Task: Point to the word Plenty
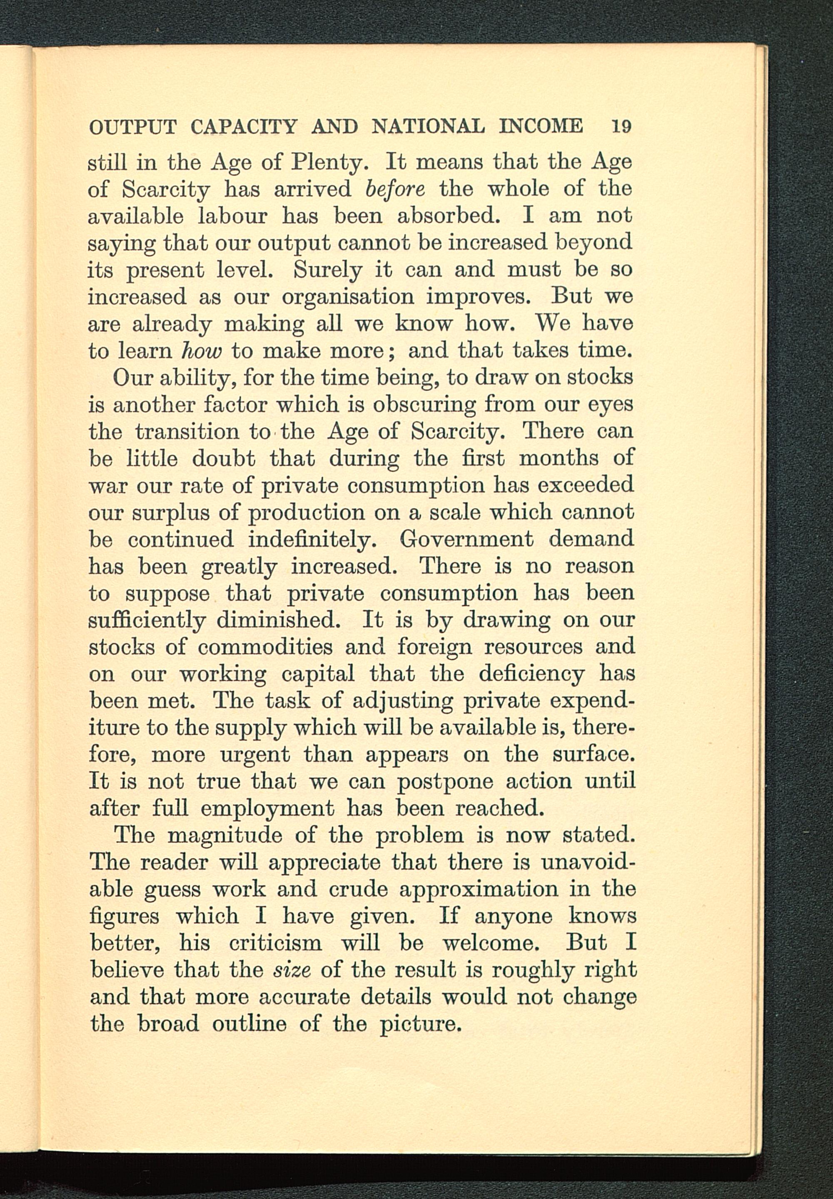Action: pyautogui.click(x=330, y=163)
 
